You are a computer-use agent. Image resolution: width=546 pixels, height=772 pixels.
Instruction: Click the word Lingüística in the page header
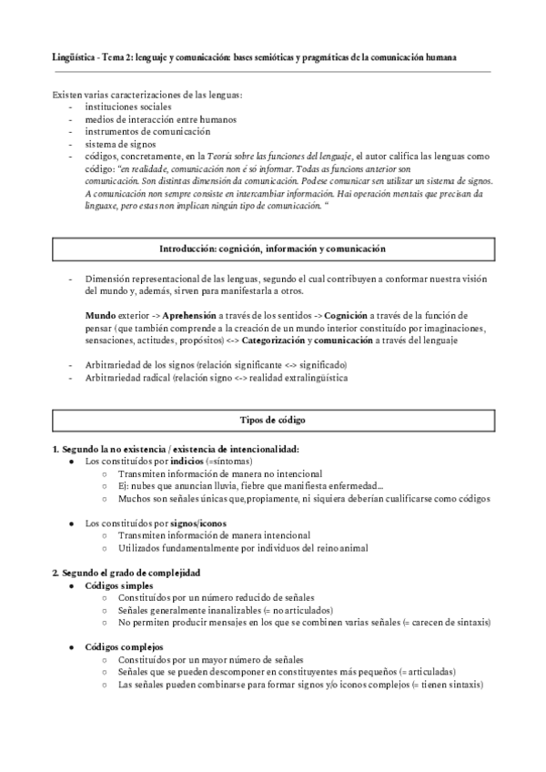coord(73,57)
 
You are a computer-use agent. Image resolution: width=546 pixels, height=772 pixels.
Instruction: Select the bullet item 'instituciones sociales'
coord(127,107)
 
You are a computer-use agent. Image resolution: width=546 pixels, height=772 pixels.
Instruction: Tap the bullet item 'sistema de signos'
coord(120,144)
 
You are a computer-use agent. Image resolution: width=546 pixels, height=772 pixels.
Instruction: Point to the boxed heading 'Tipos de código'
coord(272,421)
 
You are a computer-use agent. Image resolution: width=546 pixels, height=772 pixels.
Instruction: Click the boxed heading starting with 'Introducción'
coord(272,249)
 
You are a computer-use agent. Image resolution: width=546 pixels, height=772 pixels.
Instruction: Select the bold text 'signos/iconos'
coord(198,523)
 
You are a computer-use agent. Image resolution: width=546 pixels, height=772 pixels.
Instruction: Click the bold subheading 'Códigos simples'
coord(118,585)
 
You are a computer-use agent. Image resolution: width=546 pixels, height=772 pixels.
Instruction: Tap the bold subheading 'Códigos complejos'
coord(124,646)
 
